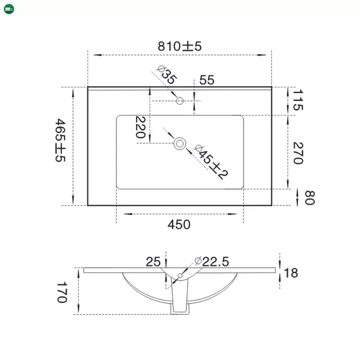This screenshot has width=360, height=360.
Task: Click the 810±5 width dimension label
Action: point(180,46)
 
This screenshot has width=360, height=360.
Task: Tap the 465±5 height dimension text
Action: point(60,140)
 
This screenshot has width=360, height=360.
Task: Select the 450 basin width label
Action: point(179,225)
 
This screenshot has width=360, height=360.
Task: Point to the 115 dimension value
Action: point(298,100)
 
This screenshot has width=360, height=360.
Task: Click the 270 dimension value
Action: point(298,153)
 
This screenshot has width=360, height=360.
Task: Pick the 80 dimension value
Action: point(310,197)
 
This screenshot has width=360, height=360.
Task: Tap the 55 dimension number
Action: point(207,80)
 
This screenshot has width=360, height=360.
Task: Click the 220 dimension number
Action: point(140,127)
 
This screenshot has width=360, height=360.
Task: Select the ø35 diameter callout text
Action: point(167,75)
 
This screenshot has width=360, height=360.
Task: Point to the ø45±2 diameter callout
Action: point(211,162)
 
